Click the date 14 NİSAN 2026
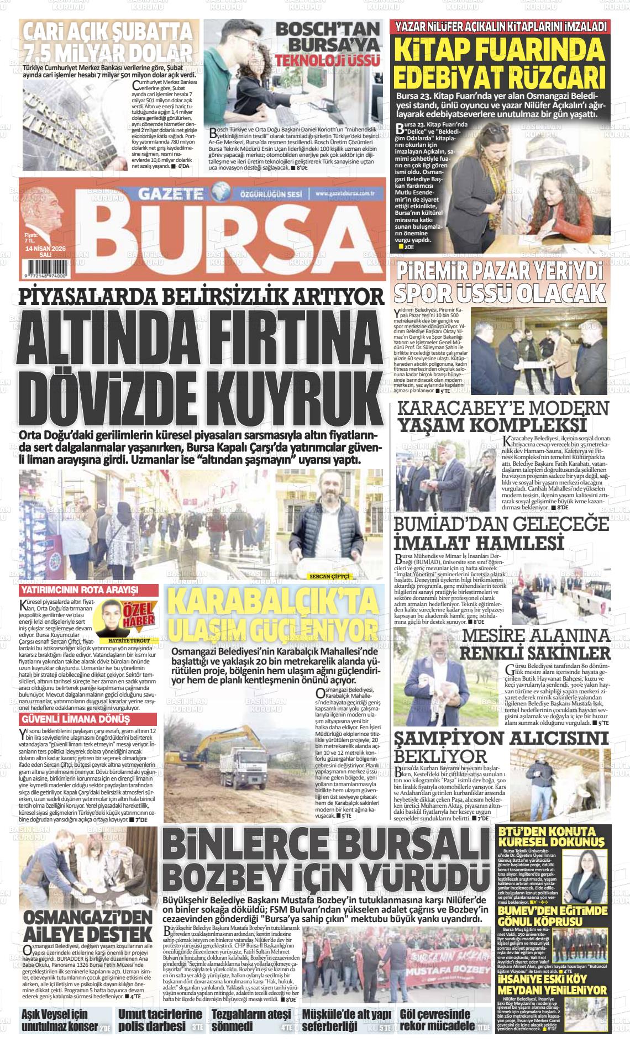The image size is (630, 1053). click(45, 249)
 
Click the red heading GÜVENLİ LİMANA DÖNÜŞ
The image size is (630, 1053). click(75, 719)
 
